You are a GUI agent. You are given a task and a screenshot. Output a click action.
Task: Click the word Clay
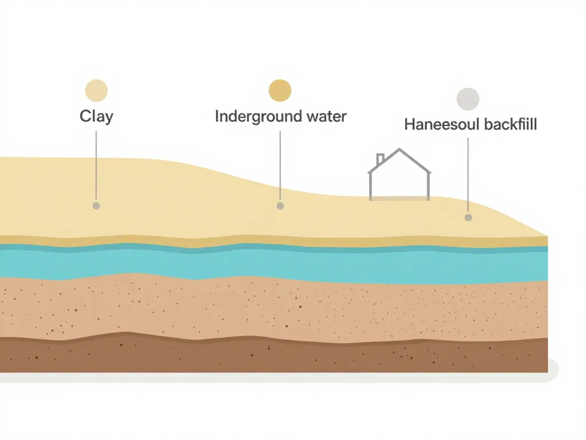pyautogui.click(x=96, y=116)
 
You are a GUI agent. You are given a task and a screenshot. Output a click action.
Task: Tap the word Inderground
pyautogui.click(x=258, y=117)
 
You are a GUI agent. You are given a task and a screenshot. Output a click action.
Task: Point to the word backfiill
pyautogui.click(x=510, y=124)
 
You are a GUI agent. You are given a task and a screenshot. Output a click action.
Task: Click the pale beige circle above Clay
pyautogui.click(x=96, y=91)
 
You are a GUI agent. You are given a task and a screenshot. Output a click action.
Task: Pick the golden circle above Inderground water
pyautogui.click(x=280, y=91)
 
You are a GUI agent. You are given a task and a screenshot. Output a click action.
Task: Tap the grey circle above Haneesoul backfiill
pyautogui.click(x=468, y=99)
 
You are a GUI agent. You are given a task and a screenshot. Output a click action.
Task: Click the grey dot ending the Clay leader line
pyautogui.click(x=96, y=206)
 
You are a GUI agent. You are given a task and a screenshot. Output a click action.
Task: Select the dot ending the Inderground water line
pyautogui.click(x=280, y=206)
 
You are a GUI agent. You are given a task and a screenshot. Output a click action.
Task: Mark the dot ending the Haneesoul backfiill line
pyautogui.click(x=468, y=217)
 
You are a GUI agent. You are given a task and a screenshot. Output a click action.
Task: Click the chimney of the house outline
pyautogui.click(x=380, y=159)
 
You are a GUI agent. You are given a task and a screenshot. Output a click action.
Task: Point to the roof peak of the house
pyautogui.click(x=399, y=149)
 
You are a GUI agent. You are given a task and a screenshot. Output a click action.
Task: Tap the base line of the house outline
pyautogui.click(x=399, y=198)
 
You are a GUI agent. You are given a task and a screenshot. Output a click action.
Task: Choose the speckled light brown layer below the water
pyautogui.click(x=274, y=308)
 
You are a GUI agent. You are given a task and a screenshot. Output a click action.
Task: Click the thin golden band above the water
pyautogui.click(x=274, y=241)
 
